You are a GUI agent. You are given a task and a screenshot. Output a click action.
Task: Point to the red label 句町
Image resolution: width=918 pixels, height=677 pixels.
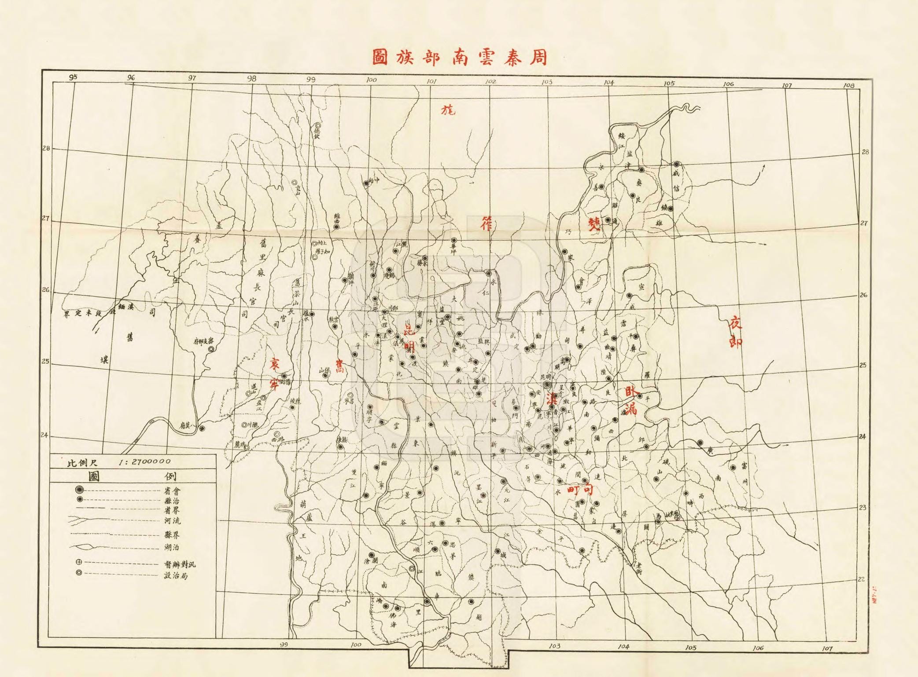pyautogui.click(x=581, y=489)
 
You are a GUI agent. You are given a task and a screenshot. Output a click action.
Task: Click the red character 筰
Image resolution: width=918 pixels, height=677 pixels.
pyautogui.click(x=487, y=224)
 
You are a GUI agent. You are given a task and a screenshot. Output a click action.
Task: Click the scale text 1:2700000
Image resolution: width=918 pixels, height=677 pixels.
pyautogui.click(x=145, y=462)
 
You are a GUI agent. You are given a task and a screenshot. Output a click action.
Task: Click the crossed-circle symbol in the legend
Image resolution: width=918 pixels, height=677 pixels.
pyautogui.click(x=79, y=563)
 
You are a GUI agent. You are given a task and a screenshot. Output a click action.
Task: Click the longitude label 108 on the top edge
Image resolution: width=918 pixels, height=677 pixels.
pyautogui.click(x=848, y=85)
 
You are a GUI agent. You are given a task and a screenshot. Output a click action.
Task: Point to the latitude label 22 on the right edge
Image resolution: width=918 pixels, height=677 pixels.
pyautogui.click(x=863, y=579)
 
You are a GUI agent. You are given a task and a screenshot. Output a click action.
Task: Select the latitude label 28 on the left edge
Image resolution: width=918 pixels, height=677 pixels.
pyautogui.click(x=46, y=148)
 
